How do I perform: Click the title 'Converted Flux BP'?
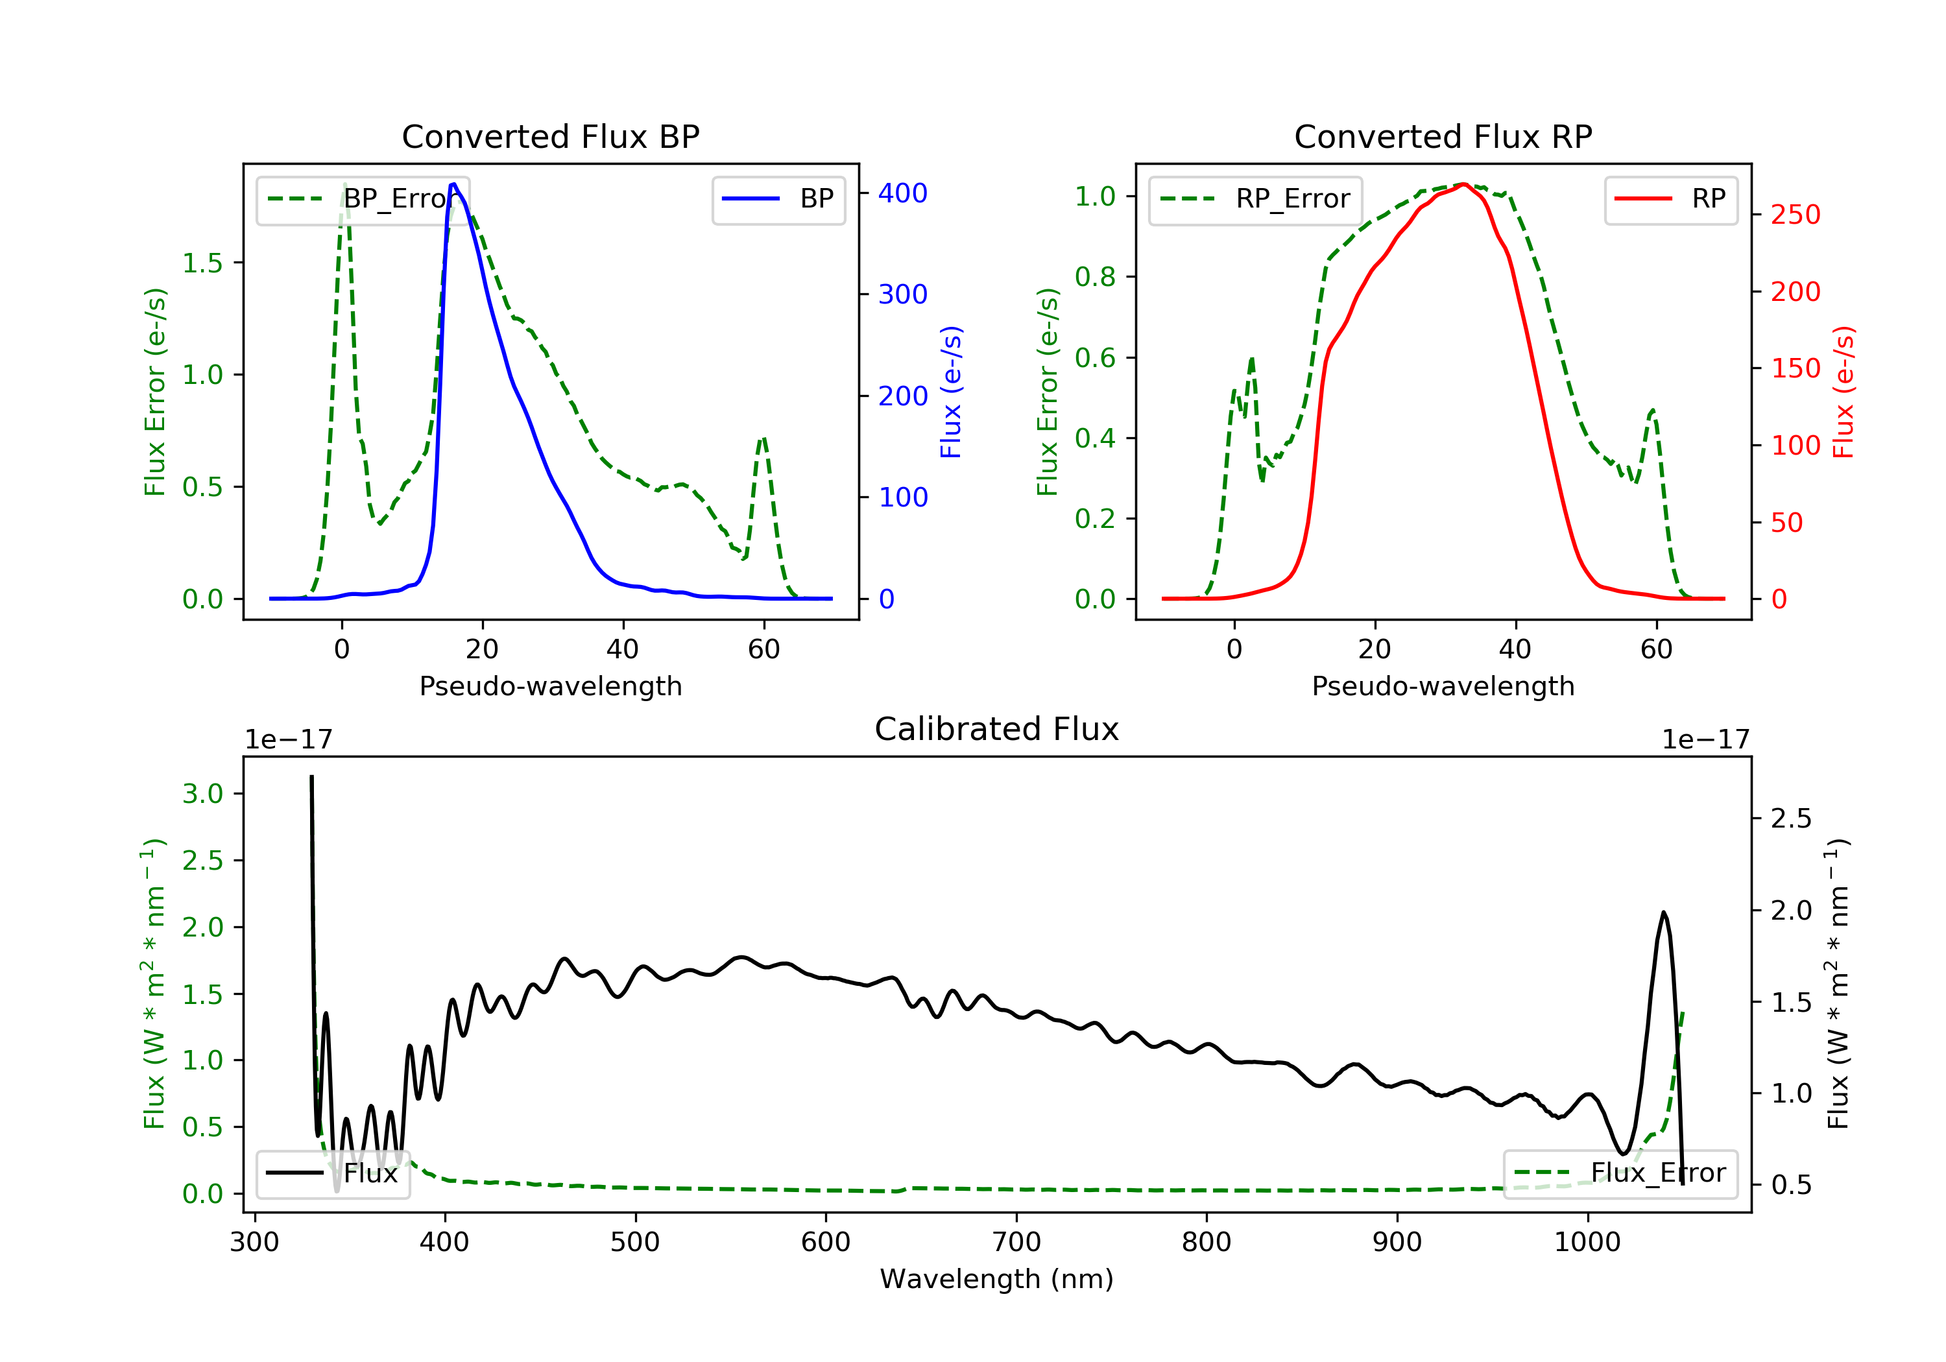point(550,136)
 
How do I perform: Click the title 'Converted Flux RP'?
point(1443,136)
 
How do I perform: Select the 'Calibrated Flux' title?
point(997,729)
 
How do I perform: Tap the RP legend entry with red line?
point(1670,199)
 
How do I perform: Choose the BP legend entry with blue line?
point(778,199)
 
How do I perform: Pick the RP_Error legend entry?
point(1255,199)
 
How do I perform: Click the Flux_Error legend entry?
point(1620,1173)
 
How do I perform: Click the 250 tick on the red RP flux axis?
point(1795,215)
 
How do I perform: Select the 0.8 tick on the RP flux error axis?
point(1095,276)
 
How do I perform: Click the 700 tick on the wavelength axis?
point(1016,1243)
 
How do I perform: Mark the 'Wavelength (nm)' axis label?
point(997,1279)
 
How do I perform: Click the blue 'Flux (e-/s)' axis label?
point(951,392)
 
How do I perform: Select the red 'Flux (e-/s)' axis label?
point(1844,392)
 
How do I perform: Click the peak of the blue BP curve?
point(453,184)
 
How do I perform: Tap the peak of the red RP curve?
point(1464,184)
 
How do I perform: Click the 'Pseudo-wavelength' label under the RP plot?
point(1443,686)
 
